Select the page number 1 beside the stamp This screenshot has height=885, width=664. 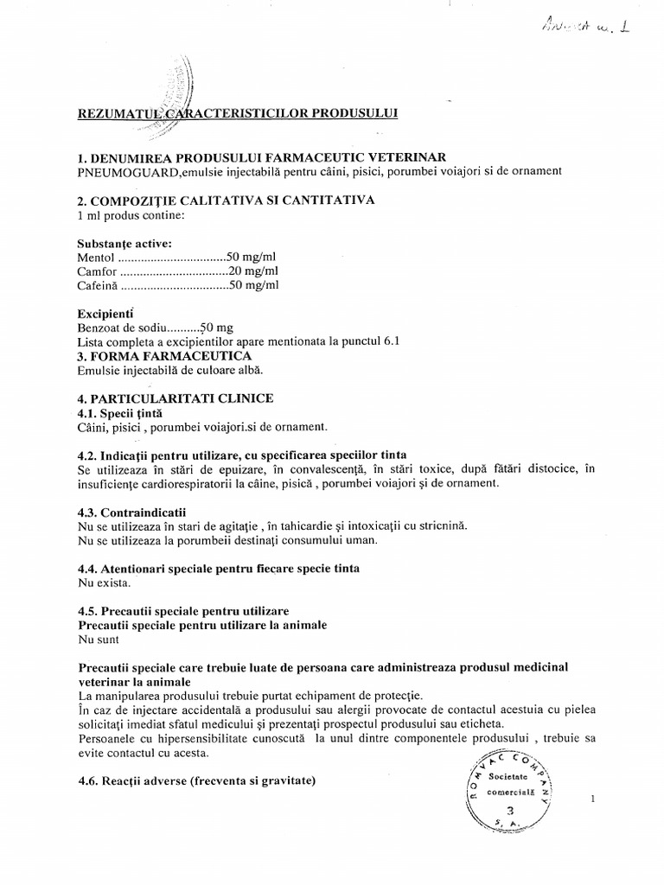tap(593, 799)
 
